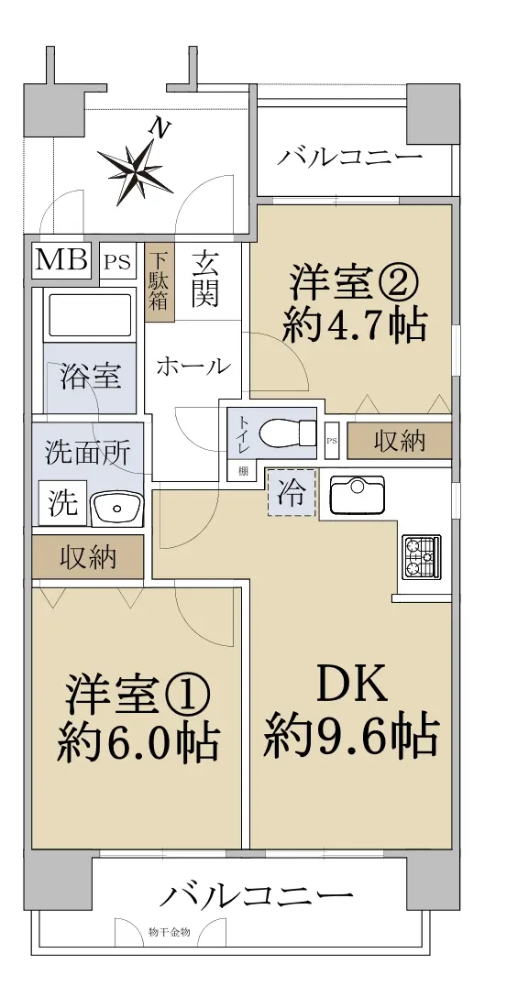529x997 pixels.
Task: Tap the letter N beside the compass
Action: tap(160, 130)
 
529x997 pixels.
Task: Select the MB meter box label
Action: tap(61, 259)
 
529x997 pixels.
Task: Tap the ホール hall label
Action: tap(193, 366)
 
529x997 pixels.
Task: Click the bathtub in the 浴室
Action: tap(89, 314)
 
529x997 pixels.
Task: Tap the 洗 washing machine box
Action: tap(62, 503)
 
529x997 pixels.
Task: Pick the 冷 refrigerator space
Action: tap(292, 491)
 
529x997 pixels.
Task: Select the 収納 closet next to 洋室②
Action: tap(400, 440)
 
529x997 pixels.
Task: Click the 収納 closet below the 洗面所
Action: tap(88, 556)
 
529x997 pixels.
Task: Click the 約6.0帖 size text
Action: tap(138, 741)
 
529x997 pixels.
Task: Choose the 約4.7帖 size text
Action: tap(354, 325)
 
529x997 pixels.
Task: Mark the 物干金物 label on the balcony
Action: tap(169, 932)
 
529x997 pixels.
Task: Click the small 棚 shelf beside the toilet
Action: tap(243, 471)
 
